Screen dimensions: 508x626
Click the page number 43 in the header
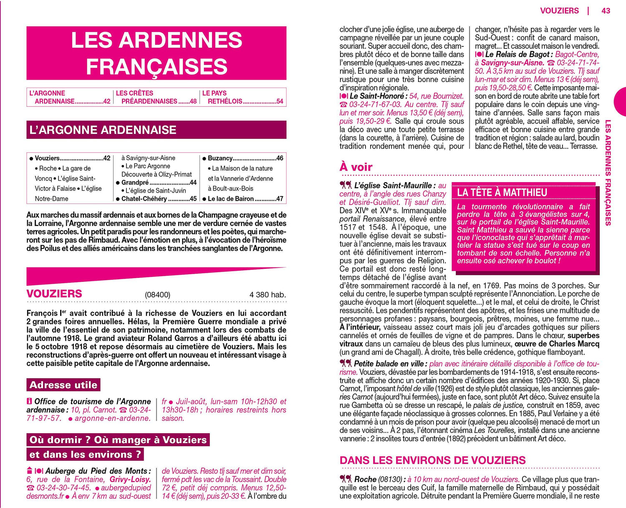(x=606, y=11)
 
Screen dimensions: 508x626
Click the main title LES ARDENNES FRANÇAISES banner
(x=156, y=53)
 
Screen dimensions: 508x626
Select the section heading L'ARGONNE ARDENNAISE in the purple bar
(x=103, y=130)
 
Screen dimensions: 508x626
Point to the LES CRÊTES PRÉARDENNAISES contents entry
(x=156, y=97)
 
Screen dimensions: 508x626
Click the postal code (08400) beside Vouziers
(x=157, y=295)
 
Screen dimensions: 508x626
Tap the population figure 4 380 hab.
(x=268, y=295)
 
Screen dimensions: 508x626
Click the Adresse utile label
(x=63, y=385)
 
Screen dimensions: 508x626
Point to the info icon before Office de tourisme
(x=29, y=401)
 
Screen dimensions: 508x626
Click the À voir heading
(x=356, y=167)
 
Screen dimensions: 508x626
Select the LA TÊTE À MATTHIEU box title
(x=502, y=192)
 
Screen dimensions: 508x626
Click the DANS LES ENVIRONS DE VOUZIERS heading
(x=432, y=460)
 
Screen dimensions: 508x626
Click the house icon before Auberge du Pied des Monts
(x=29, y=470)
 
